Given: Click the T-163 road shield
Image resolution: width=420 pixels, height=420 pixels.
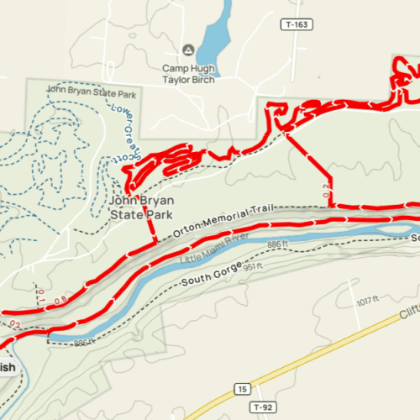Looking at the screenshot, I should coord(297,24).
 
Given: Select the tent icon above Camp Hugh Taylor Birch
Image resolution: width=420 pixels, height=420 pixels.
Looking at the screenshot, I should coord(188,50).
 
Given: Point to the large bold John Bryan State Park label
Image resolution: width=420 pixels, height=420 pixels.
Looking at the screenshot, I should coord(139,207).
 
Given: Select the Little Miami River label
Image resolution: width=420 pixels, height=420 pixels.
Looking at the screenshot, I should coord(214,249).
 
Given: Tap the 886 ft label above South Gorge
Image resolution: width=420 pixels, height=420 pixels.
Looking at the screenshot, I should coord(278,244).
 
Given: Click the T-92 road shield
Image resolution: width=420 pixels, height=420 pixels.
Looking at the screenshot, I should coord(264,407).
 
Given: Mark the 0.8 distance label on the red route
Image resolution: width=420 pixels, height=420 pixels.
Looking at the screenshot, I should coord(61,298).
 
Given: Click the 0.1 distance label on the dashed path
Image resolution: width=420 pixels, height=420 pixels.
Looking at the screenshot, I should coord(40,291).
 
